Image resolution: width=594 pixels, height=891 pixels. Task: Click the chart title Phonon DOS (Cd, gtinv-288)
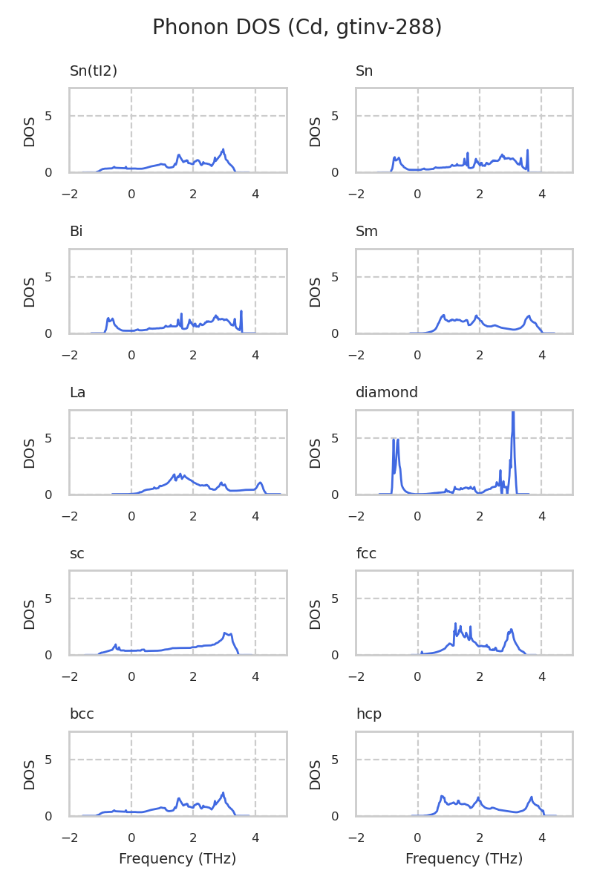pos(297,27)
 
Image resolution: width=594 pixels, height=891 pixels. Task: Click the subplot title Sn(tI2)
pos(94,71)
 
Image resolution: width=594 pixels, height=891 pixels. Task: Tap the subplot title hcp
pos(369,714)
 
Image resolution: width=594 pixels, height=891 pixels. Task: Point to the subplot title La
pos(78,393)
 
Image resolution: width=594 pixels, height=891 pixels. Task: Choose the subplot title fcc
pos(366,554)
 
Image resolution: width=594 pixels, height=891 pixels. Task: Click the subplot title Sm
pos(367,232)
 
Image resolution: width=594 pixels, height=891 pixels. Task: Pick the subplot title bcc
pos(82,714)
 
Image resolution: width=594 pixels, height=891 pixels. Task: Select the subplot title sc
pos(77,554)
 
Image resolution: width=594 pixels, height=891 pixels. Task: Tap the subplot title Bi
pos(76,232)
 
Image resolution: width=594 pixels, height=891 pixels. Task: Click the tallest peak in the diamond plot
pos(513,413)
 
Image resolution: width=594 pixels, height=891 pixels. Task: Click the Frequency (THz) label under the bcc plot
pos(177,859)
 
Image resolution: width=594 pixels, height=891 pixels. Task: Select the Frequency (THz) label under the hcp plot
pos(464,859)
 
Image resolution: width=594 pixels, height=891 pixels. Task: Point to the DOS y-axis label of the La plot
pos(30,452)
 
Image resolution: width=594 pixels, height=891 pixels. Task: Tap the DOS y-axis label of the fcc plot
pos(316,613)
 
